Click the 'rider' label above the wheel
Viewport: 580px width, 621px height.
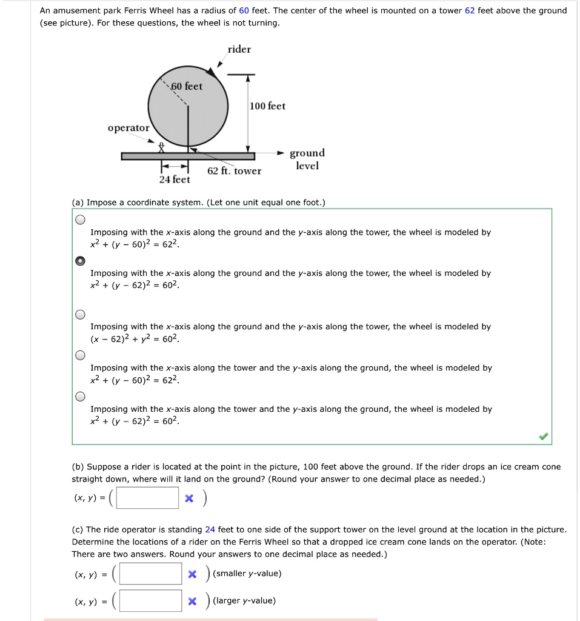(x=239, y=49)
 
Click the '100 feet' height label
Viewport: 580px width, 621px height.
(x=267, y=106)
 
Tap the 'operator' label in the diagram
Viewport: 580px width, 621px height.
(x=128, y=128)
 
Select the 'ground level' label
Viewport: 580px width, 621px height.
(x=307, y=159)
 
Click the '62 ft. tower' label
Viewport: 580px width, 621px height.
(x=234, y=171)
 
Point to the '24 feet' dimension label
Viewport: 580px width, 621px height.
(x=175, y=180)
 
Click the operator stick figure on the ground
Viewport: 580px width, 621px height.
(x=161, y=147)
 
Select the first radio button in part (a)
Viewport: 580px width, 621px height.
(x=80, y=220)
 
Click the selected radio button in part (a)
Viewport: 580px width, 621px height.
(x=80, y=261)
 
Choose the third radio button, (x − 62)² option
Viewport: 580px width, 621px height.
(x=80, y=314)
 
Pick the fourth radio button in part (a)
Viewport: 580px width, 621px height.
(x=80, y=355)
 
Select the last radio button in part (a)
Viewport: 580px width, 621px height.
(x=80, y=397)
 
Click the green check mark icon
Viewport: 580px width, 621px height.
(x=543, y=436)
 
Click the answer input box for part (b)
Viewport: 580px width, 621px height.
(x=148, y=498)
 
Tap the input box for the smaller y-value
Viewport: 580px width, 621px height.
(x=150, y=574)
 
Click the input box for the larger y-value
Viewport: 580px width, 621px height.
(x=150, y=601)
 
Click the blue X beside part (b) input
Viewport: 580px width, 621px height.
(x=189, y=498)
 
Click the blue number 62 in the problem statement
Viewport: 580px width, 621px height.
(x=470, y=10)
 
